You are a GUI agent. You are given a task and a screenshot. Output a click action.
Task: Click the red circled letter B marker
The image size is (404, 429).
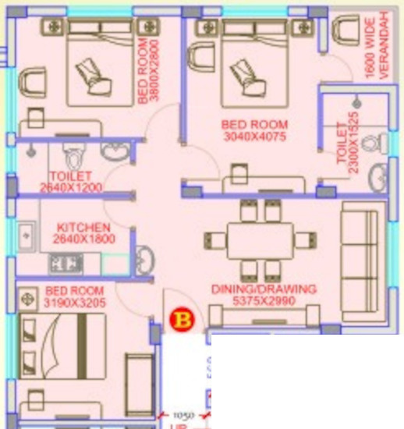pyautogui.click(x=181, y=320)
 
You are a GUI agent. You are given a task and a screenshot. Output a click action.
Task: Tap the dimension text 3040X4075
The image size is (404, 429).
pyautogui.click(x=254, y=136)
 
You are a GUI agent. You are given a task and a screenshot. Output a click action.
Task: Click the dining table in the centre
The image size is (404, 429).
pyautogui.click(x=260, y=239)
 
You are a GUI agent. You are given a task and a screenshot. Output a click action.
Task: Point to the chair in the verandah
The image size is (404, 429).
pyautogui.click(x=345, y=33)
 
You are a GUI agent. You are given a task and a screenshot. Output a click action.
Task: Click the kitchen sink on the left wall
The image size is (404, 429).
pyautogui.click(x=26, y=234)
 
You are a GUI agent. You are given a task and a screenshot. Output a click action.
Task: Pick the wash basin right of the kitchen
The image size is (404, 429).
pyautogui.click(x=146, y=258)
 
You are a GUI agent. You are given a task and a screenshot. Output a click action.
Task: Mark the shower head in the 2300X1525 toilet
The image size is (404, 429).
pyautogui.click(x=356, y=102)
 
